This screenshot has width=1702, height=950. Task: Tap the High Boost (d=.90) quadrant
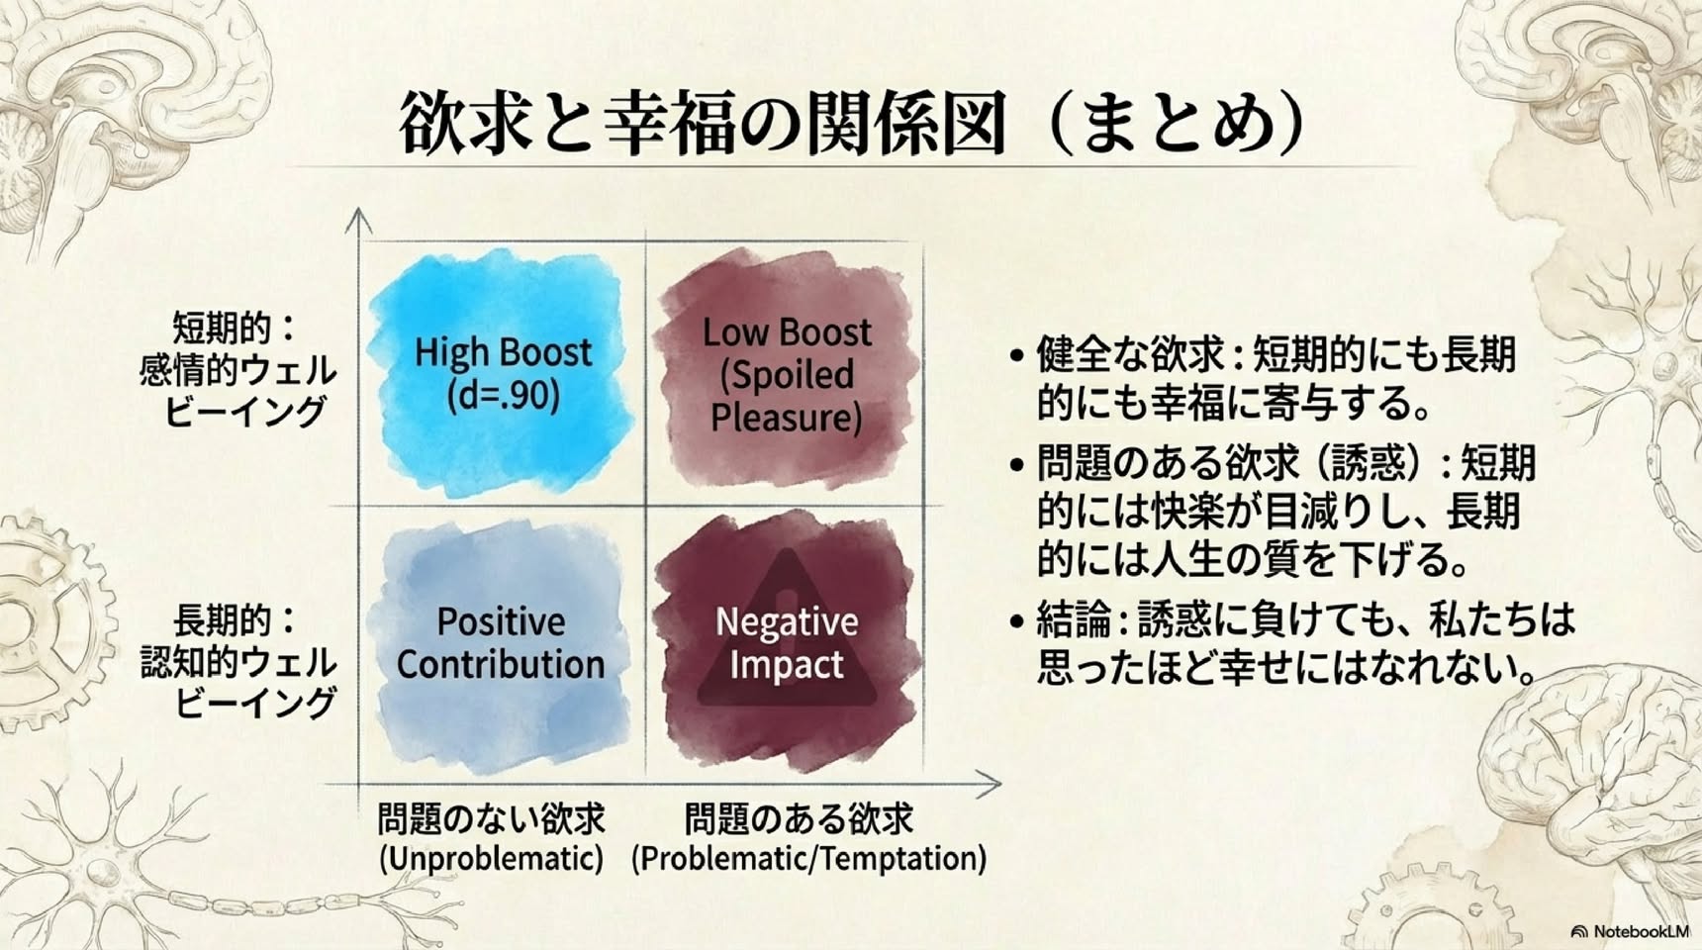(x=501, y=374)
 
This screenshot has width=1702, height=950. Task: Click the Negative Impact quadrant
(x=787, y=643)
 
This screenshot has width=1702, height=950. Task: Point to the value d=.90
(x=503, y=396)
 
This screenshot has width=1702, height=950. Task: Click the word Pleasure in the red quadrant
(x=787, y=418)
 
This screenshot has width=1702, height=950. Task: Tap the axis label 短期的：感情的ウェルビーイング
(x=237, y=369)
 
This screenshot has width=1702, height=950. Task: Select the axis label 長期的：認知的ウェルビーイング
(x=237, y=661)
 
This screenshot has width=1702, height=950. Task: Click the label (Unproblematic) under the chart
(x=491, y=858)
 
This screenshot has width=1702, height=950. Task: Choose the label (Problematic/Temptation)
(x=808, y=858)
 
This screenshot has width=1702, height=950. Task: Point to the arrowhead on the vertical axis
(x=358, y=220)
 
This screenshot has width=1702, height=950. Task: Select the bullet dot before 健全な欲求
(x=1016, y=354)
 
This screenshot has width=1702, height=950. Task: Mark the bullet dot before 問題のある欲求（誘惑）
(x=1016, y=463)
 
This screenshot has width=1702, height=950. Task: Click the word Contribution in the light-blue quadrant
(x=501, y=664)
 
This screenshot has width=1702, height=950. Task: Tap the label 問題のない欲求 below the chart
(x=491, y=818)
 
